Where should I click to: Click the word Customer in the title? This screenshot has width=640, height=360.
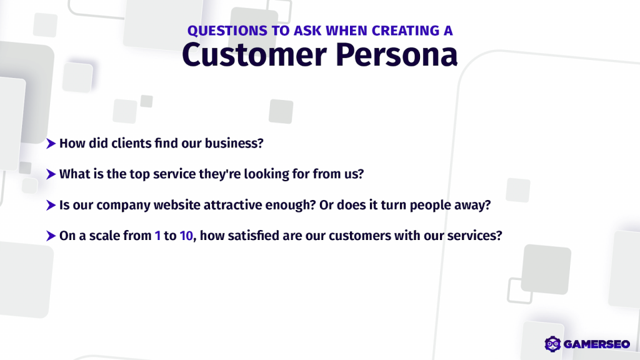click(254, 54)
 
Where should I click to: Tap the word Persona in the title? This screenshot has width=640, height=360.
click(397, 54)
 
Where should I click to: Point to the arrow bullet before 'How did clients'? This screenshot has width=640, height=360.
click(51, 144)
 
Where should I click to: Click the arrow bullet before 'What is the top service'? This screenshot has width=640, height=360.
click(51, 174)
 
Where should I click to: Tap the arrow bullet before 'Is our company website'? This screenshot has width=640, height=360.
click(51, 205)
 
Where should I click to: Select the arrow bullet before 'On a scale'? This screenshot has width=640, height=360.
click(51, 236)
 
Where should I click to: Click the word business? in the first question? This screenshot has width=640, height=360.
click(234, 143)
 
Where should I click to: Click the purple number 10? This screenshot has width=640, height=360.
click(186, 236)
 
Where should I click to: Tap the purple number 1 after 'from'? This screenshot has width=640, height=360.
click(157, 236)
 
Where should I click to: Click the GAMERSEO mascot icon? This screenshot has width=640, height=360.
click(552, 344)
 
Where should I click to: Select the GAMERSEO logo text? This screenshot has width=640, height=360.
click(597, 344)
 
